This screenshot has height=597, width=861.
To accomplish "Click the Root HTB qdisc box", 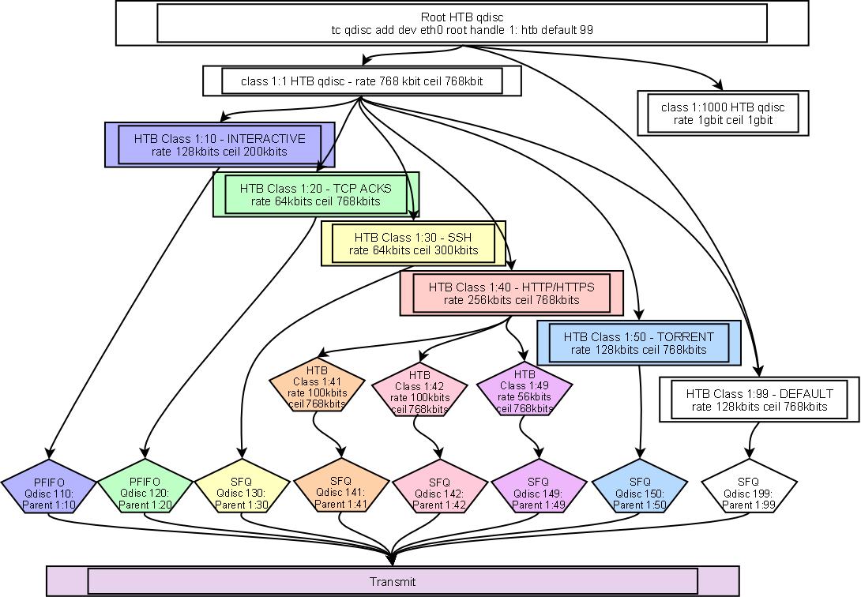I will pyautogui.click(x=462, y=23).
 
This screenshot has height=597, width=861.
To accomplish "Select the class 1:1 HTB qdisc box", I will pyautogui.click(x=362, y=81).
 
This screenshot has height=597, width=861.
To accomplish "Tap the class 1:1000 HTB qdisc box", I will pyautogui.click(x=722, y=114).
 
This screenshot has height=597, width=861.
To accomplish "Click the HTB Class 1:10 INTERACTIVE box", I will pyautogui.click(x=220, y=145).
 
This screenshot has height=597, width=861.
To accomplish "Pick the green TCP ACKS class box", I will pyautogui.click(x=315, y=194).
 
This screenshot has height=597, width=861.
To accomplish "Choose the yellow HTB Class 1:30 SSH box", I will pyautogui.click(x=413, y=244).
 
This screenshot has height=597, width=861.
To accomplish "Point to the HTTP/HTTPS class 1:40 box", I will pyautogui.click(x=511, y=294).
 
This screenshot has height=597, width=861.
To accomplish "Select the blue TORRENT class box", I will pyautogui.click(x=638, y=343).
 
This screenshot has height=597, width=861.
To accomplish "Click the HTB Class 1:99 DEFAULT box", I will pyautogui.click(x=759, y=400).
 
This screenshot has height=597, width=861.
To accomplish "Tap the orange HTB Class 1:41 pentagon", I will pyautogui.click(x=317, y=387).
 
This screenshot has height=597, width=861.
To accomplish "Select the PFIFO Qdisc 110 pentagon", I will pyautogui.click(x=49, y=487).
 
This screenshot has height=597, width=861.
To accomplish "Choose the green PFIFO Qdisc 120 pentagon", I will pyautogui.click(x=145, y=487).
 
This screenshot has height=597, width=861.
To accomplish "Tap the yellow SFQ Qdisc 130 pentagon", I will pyautogui.click(x=243, y=487).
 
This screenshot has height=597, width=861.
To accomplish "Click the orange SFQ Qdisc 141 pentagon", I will pyautogui.click(x=340, y=489).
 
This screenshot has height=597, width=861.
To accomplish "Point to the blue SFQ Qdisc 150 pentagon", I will pyautogui.click(x=639, y=489).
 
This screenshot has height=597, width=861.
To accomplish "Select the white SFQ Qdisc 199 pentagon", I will pyautogui.click(x=748, y=489).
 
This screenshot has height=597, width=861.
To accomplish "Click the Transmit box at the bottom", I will pyautogui.click(x=393, y=582).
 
